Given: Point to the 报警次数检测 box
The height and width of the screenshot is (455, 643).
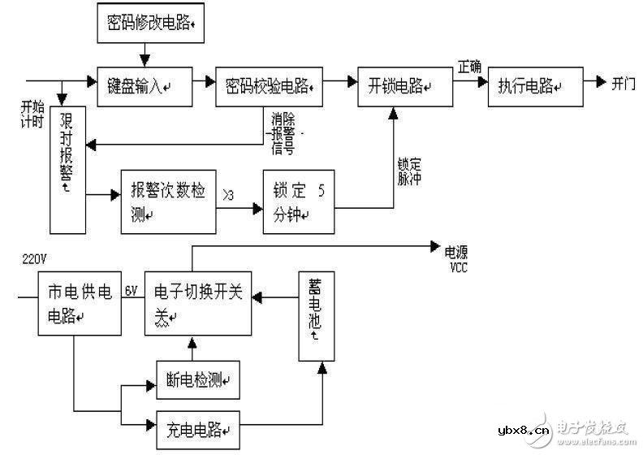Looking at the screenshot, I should (x=167, y=202).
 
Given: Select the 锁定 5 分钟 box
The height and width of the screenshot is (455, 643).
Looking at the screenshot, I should (x=298, y=203).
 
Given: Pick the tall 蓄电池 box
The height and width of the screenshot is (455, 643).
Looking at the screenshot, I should (x=315, y=315).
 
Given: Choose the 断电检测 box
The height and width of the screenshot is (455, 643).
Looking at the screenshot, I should (x=197, y=379).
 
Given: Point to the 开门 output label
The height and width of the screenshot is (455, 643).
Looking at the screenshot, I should (x=624, y=84).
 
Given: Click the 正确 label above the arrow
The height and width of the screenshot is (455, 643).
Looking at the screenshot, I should (x=469, y=65).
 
